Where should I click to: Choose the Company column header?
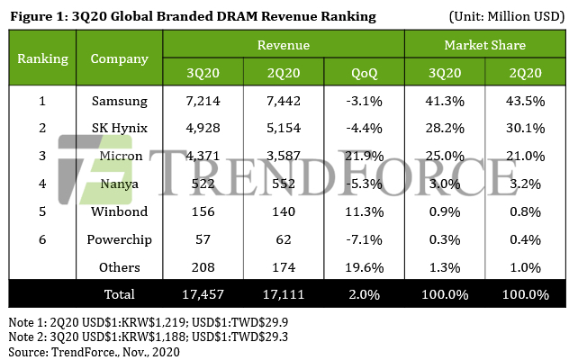tap(119, 58)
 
